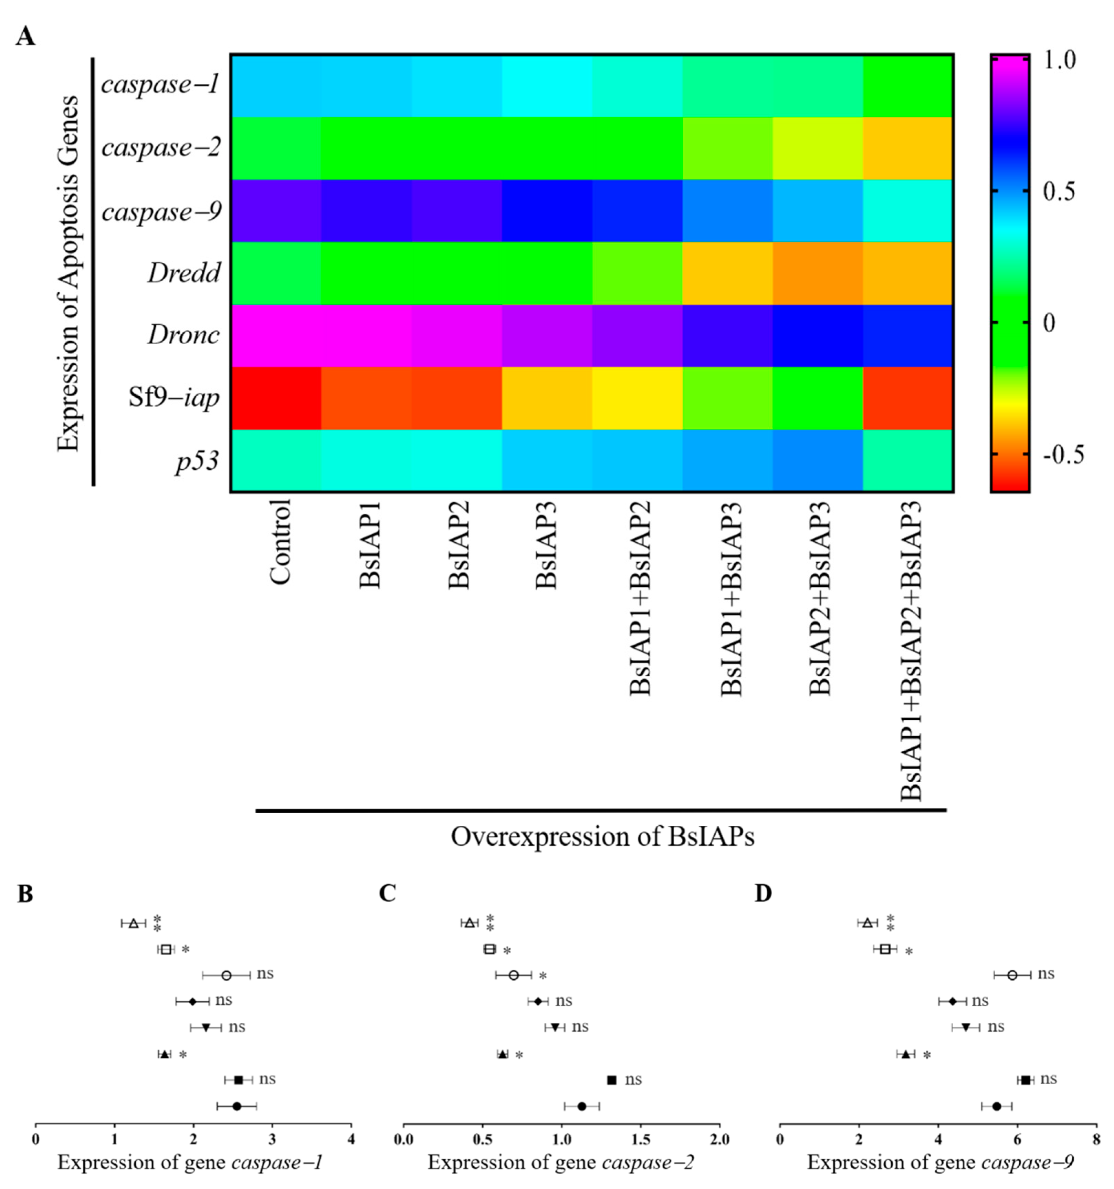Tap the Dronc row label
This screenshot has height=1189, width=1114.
pos(183,335)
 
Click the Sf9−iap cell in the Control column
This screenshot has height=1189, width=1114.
pos(276,398)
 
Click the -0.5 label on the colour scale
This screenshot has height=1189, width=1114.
pos(1063,455)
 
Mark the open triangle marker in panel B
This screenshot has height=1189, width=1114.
pos(133,923)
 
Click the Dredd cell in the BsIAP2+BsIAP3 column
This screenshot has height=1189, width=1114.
pos(817,273)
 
